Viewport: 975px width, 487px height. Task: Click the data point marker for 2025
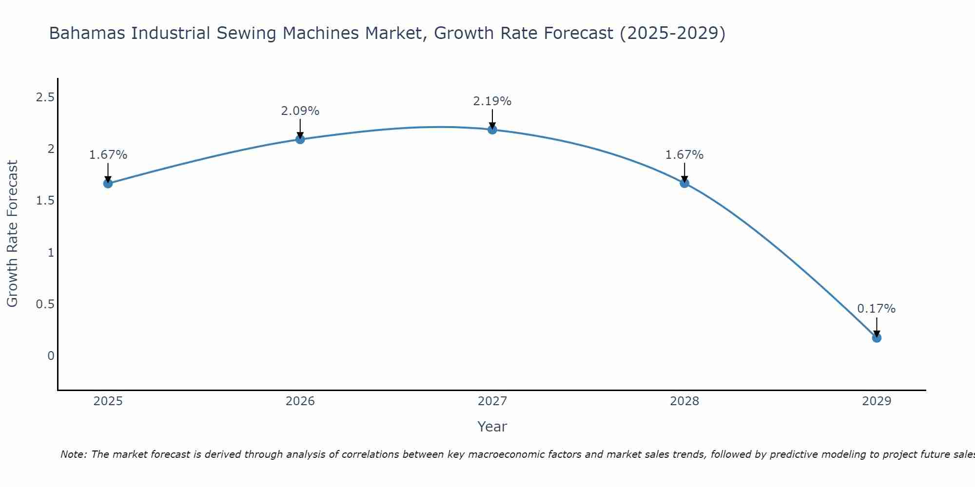(108, 184)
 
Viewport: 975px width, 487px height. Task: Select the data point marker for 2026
(300, 139)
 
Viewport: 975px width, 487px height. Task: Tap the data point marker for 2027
(492, 130)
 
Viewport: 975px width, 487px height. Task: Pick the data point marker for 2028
(684, 184)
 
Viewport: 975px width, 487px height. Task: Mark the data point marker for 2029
(877, 338)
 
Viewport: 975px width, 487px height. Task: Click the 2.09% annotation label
(300, 111)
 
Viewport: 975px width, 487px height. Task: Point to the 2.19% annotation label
(492, 101)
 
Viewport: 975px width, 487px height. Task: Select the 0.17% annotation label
(877, 309)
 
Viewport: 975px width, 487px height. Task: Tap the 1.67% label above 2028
(684, 155)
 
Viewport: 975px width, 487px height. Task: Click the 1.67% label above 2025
(108, 155)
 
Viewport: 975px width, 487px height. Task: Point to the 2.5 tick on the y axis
(45, 97)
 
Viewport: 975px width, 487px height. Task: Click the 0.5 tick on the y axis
(45, 304)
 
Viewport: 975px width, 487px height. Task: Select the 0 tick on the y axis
(51, 356)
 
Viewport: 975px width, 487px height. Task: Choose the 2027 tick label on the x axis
(492, 401)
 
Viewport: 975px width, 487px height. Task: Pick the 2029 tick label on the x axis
(877, 401)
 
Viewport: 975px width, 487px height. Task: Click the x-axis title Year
(492, 427)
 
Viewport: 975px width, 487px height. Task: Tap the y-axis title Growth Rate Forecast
(12, 234)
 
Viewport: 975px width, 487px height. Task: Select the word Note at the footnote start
(73, 454)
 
